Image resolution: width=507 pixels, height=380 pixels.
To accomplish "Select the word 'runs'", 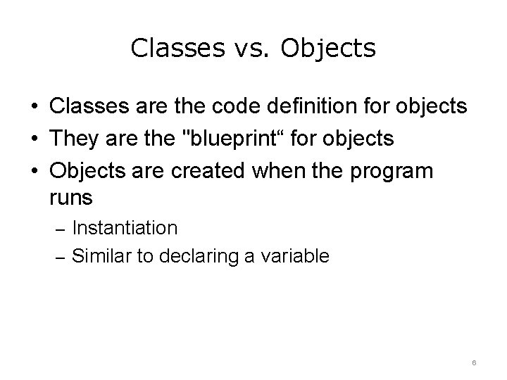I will [x=71, y=198].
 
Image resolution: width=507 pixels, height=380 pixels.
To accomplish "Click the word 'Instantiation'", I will [x=125, y=228].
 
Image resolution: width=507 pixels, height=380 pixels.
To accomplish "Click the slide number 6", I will [x=475, y=362].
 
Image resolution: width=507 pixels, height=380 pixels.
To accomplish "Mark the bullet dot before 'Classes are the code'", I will [x=34, y=108].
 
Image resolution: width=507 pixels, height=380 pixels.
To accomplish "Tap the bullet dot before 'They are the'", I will [x=34, y=138].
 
